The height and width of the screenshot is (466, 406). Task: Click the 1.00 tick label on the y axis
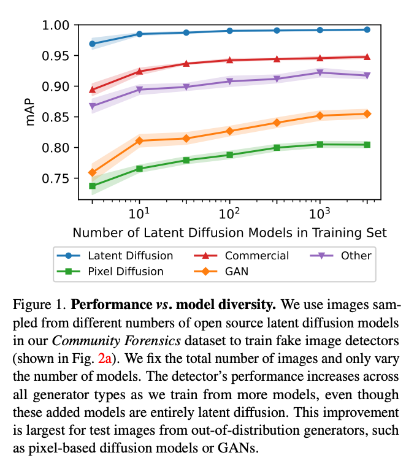click(58, 26)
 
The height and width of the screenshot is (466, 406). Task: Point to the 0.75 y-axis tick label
click(58, 178)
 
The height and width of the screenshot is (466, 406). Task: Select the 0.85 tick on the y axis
click(58, 117)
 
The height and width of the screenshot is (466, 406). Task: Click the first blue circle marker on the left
click(93, 44)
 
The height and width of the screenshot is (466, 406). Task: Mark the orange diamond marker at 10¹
click(140, 140)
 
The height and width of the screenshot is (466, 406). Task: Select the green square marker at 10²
click(229, 155)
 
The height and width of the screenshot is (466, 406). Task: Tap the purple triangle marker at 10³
click(320, 72)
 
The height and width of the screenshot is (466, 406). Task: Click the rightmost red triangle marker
click(367, 57)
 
